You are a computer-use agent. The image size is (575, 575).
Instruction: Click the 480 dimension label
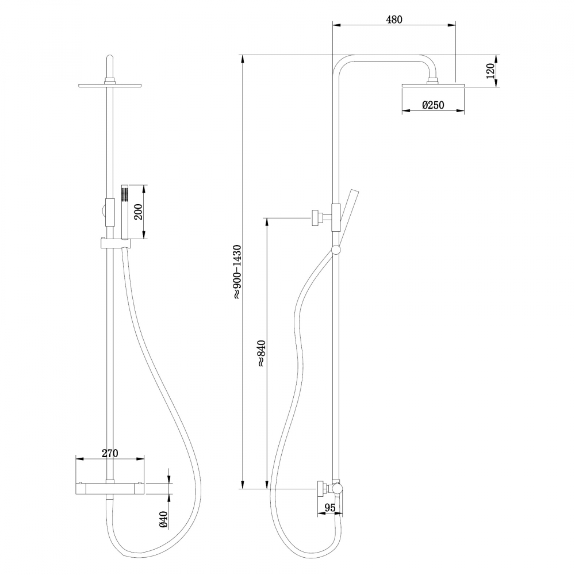click(394, 19)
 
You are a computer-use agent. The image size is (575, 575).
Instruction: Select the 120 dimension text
click(490, 71)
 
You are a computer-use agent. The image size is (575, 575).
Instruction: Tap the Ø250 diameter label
click(433, 105)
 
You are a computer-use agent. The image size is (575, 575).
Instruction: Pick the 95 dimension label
click(329, 507)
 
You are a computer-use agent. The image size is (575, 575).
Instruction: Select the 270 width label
click(110, 453)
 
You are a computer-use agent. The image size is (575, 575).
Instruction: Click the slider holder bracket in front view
click(116, 244)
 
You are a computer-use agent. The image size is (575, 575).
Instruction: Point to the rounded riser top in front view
click(109, 63)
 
